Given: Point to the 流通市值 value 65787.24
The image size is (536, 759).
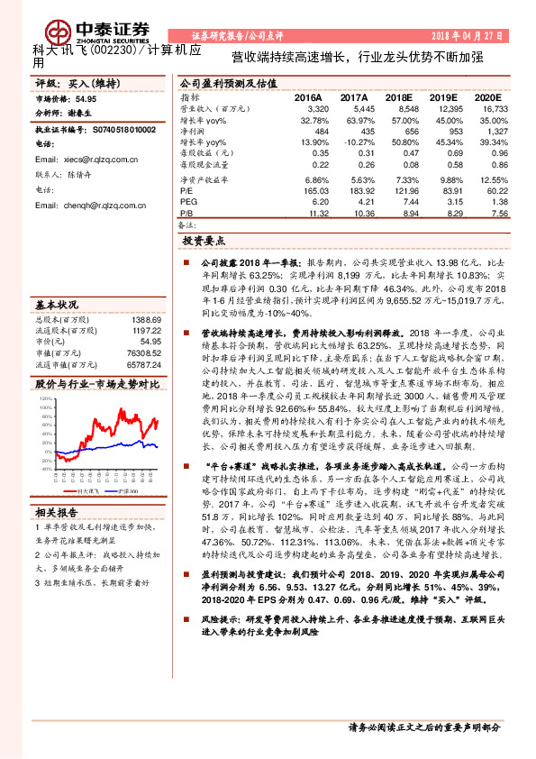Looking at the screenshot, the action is pyautogui.click(x=143, y=365).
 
